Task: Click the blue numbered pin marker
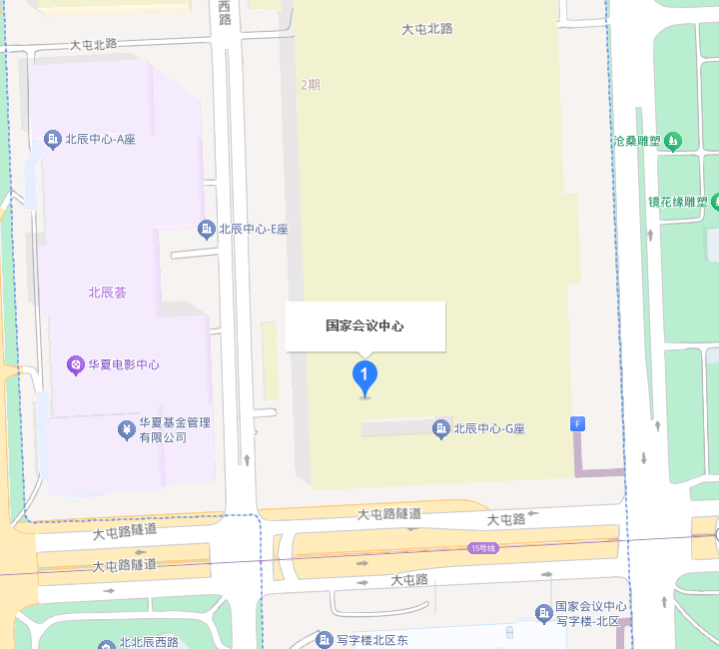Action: click(x=364, y=377)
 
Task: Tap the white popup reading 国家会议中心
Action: click(x=364, y=325)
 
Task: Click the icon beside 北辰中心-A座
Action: click(x=53, y=139)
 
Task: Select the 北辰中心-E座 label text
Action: click(x=254, y=229)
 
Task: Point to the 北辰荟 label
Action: click(x=107, y=293)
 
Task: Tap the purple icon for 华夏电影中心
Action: click(x=75, y=364)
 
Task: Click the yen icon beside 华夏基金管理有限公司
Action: click(x=126, y=429)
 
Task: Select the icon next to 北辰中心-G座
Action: click(x=440, y=429)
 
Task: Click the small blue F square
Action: click(x=577, y=423)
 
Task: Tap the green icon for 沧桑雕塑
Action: click(x=673, y=141)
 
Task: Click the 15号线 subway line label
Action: click(x=482, y=547)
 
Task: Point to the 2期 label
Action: click(x=311, y=85)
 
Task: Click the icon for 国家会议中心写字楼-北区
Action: click(x=543, y=612)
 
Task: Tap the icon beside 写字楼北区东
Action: click(x=324, y=639)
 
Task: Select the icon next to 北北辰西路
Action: click(x=108, y=642)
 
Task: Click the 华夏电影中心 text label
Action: click(x=124, y=364)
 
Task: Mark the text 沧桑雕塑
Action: click(x=636, y=141)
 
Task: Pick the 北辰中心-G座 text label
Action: click(x=489, y=429)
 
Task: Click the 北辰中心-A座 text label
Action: click(x=100, y=139)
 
